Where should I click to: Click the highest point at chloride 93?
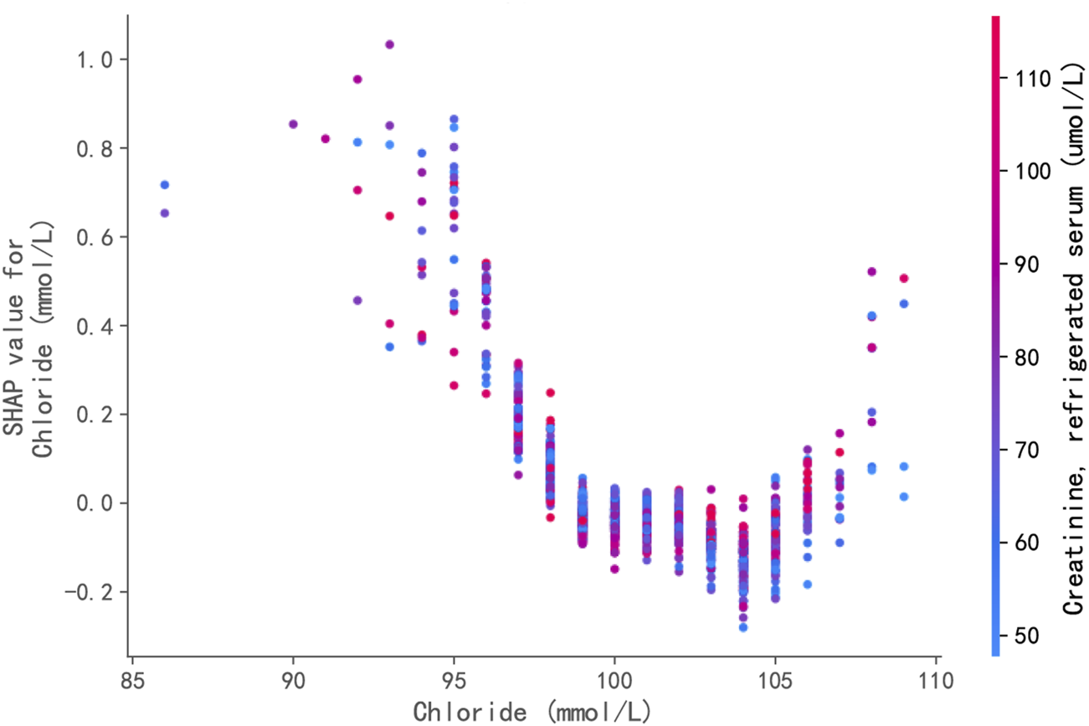click(x=389, y=44)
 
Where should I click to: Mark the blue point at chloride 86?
click(x=164, y=184)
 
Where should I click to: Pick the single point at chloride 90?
click(x=293, y=124)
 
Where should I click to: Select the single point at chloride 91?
click(x=325, y=139)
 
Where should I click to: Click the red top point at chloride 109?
click(x=904, y=278)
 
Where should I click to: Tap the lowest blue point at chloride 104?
click(x=743, y=627)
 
